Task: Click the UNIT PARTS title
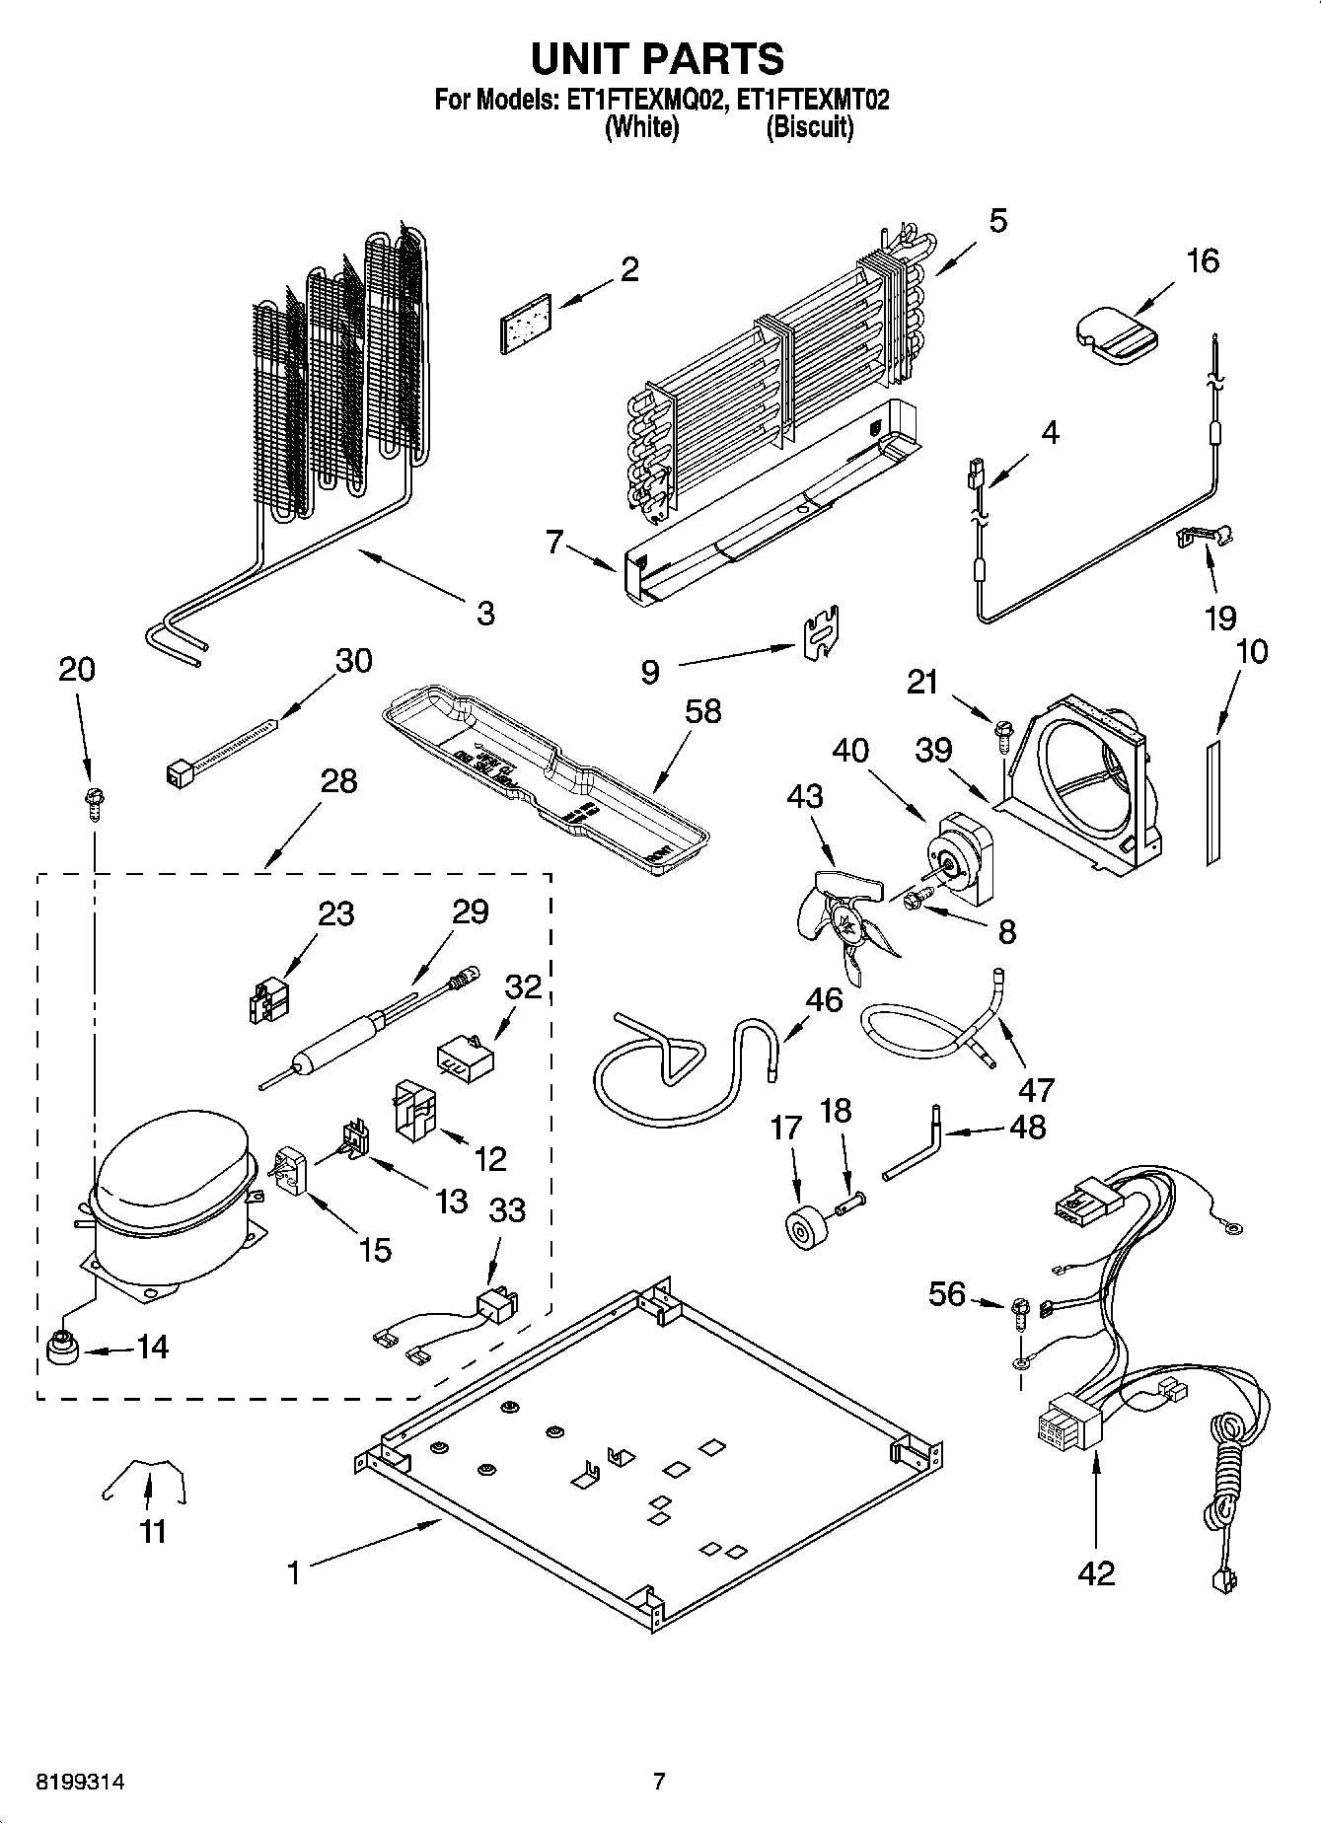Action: pos(658,59)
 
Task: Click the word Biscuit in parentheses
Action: pos(810,127)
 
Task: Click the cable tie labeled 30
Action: pos(222,755)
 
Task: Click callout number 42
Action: pos(1095,1572)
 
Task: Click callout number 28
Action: pos(338,781)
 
